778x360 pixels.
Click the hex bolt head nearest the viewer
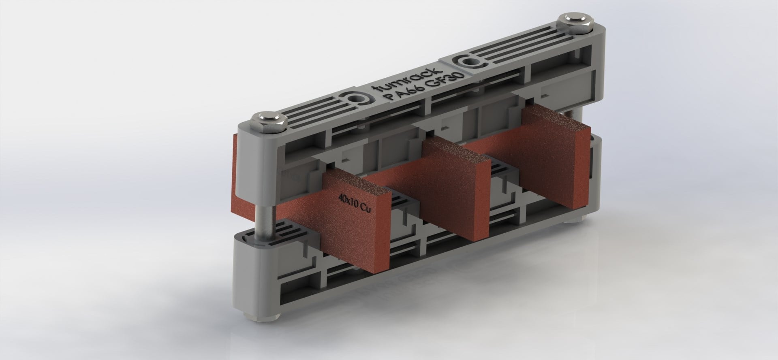point(269,120)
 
